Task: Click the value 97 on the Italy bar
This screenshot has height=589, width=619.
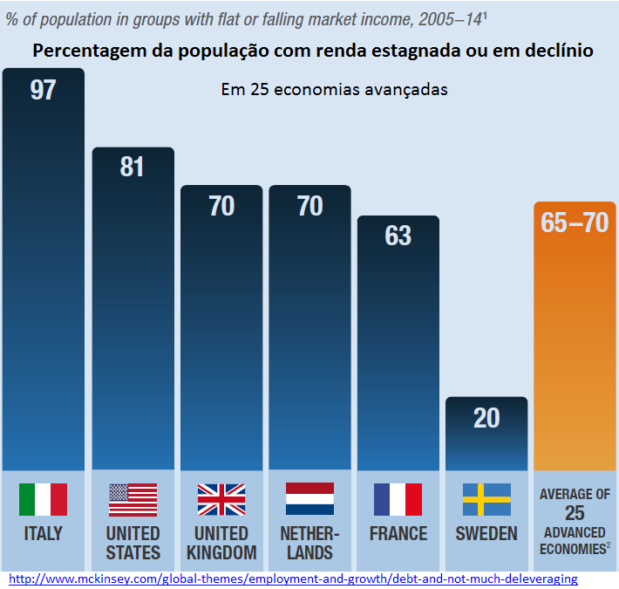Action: [43, 90]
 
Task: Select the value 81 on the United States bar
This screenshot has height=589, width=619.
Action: [132, 167]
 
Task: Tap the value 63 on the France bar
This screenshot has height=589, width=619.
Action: [398, 236]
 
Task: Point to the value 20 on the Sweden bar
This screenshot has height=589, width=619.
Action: [486, 418]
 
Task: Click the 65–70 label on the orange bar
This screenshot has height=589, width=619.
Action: [575, 223]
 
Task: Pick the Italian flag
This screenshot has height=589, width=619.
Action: [43, 499]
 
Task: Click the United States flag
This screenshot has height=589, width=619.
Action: [133, 499]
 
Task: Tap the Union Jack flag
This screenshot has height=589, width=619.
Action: [221, 499]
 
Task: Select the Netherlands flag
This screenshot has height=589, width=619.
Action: [309, 499]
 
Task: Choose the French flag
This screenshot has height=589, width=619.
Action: [398, 499]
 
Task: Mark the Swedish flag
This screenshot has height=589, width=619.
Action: [486, 499]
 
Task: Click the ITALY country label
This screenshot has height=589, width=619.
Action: [43, 533]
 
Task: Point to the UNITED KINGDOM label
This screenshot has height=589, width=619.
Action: [221, 543]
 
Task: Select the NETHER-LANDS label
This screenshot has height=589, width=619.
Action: [309, 543]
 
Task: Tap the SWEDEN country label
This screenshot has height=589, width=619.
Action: [486, 533]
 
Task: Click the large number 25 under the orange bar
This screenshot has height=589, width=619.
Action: [575, 514]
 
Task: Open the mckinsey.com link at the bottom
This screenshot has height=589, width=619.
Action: [293, 579]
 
